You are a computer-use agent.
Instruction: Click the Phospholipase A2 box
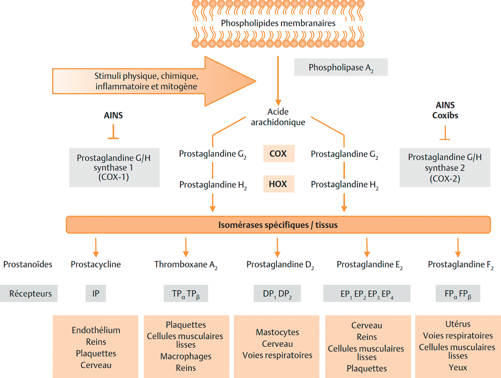[x=341, y=67]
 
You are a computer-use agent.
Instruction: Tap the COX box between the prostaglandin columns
[x=279, y=154]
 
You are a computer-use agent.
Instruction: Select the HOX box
[x=279, y=184]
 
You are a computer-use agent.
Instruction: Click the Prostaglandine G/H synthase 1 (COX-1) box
[x=115, y=168]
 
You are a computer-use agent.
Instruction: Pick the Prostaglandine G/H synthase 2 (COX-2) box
[x=445, y=168]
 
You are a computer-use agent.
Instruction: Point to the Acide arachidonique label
[x=278, y=117]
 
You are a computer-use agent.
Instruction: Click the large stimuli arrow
[x=154, y=81]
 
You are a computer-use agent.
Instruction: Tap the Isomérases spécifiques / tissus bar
[x=278, y=224]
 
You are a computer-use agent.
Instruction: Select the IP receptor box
[x=96, y=293]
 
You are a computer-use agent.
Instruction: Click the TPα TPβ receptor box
[x=186, y=293]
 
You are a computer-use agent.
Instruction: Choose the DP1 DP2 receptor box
[x=277, y=293]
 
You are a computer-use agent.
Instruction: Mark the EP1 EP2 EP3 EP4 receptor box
[x=367, y=293]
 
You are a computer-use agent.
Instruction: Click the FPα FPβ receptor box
[x=458, y=293]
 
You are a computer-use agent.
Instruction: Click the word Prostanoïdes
[x=28, y=264]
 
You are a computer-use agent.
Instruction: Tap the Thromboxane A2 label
[x=186, y=265]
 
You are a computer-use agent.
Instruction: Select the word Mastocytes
[x=277, y=332]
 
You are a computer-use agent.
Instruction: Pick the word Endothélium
[x=96, y=330]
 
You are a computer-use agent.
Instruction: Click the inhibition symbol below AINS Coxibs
[x=445, y=133]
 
